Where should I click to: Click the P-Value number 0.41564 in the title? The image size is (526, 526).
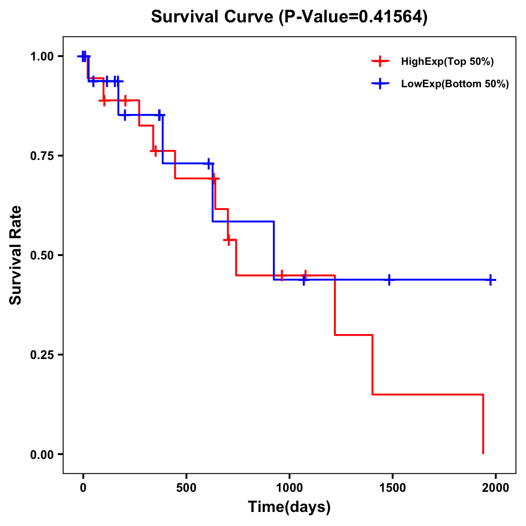tap(391, 17)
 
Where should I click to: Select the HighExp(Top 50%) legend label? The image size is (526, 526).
tap(447, 62)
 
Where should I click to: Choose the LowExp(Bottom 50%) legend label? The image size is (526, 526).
tap(455, 84)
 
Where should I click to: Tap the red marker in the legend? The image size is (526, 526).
tap(380, 61)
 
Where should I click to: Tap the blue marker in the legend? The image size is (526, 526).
tap(380, 84)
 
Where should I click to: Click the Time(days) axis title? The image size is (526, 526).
tap(289, 507)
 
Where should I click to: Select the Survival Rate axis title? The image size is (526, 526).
tap(16, 255)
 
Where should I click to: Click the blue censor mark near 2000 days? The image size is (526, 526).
tap(490, 280)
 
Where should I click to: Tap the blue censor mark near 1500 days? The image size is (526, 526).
tap(389, 280)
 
